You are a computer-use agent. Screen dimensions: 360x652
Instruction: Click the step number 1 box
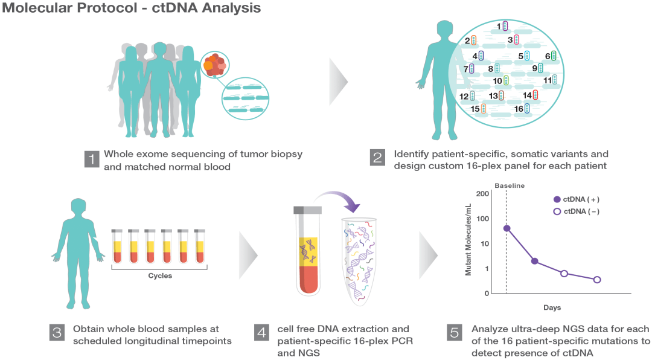coord(91,159)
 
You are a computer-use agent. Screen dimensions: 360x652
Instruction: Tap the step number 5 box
coord(455,333)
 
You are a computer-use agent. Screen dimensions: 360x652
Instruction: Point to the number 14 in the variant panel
coord(527,95)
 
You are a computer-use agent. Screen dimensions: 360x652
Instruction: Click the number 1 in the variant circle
coord(499,26)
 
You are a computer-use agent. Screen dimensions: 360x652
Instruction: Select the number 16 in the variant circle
coord(518,108)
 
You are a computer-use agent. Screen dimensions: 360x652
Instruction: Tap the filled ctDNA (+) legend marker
coord(557,199)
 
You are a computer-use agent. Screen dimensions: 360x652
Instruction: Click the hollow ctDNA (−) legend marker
coord(557,211)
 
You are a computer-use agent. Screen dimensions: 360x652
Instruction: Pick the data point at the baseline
coord(507,228)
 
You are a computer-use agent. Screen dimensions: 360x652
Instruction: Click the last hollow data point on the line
coord(597,280)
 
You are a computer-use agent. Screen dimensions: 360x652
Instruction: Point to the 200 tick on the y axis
coord(482,193)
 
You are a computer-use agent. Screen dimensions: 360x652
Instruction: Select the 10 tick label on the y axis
coord(484,243)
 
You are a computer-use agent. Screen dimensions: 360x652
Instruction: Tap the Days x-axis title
coord(551,308)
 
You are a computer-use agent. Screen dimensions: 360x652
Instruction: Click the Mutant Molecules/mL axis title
coord(468,240)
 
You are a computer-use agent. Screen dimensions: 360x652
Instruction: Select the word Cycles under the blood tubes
coord(160,276)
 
